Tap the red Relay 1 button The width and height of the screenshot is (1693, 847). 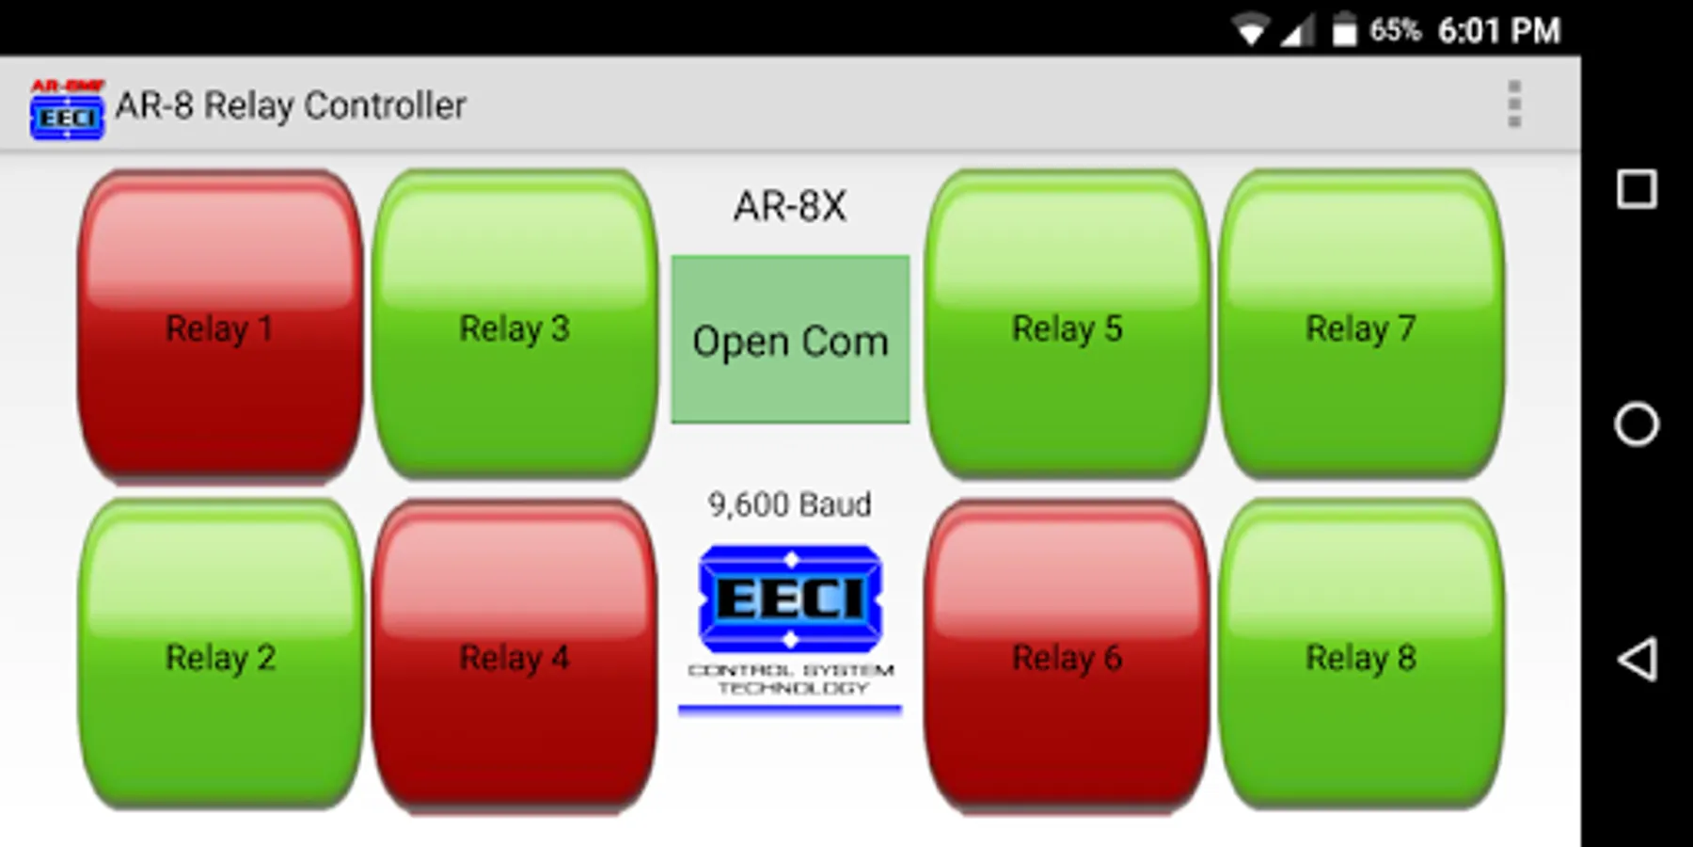tap(220, 326)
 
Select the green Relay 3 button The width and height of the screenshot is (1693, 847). tap(514, 326)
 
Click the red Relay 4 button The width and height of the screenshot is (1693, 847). tap(514, 656)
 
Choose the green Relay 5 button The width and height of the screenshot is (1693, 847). tap(1068, 326)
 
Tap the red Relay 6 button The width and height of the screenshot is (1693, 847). tap(1068, 656)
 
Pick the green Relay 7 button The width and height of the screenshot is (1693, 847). tap(1361, 326)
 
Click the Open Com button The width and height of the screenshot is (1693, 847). tap(790, 340)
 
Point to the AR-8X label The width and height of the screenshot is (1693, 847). tap(790, 206)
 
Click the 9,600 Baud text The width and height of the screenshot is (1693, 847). tap(790, 504)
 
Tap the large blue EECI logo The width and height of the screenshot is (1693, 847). tap(790, 599)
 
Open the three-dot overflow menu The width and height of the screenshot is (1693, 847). tap(1514, 104)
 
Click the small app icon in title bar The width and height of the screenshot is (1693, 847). tap(67, 110)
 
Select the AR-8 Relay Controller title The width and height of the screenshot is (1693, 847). tap(291, 105)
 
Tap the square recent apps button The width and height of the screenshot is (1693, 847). tap(1637, 189)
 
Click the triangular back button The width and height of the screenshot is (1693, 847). tap(1637, 659)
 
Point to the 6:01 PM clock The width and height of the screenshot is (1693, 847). tap(1498, 31)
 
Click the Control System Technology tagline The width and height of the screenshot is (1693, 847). tap(791, 679)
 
